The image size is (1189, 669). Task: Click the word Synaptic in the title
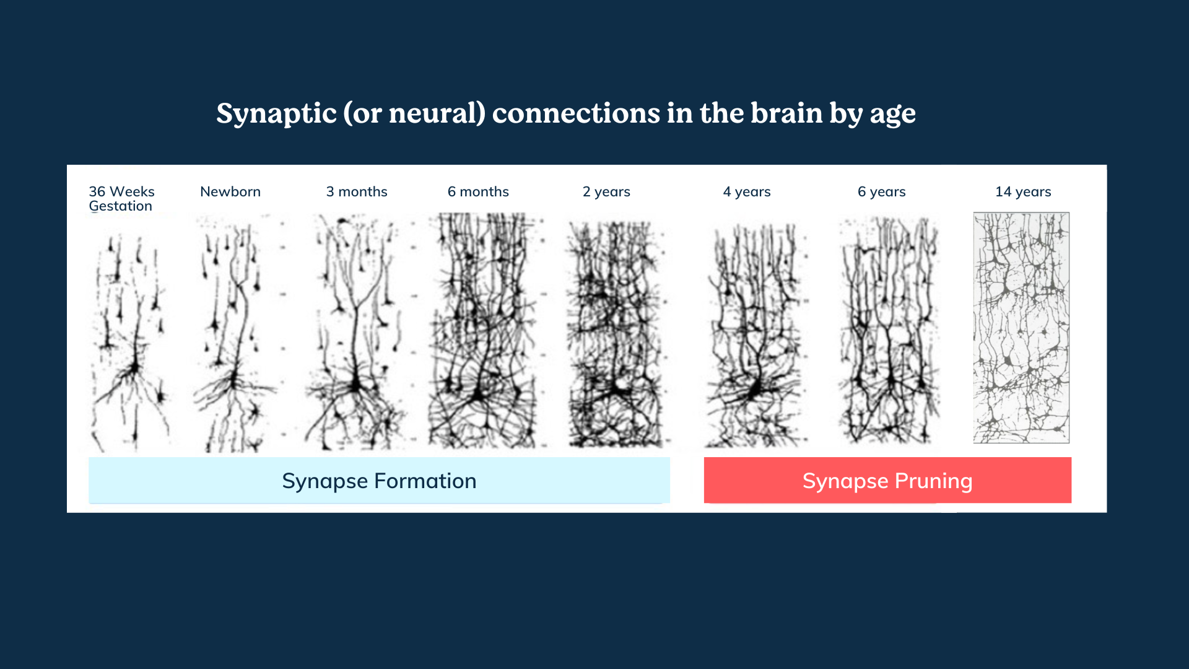pos(276,114)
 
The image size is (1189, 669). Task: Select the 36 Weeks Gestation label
pos(121,199)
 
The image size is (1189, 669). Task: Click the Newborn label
pos(230,192)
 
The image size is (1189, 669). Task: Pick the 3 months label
pos(357,192)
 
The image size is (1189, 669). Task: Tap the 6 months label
pos(478,192)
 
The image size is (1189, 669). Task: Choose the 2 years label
pos(606,192)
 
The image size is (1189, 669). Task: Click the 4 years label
pos(747,192)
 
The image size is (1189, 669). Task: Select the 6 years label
pos(881,192)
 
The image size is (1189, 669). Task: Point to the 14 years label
pos(1023,192)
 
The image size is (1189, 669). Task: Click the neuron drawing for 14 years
pos(1021,328)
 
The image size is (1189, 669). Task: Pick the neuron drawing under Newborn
pos(235,334)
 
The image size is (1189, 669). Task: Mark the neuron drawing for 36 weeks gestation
pos(130,341)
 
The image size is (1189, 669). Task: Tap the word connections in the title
pos(576,113)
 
